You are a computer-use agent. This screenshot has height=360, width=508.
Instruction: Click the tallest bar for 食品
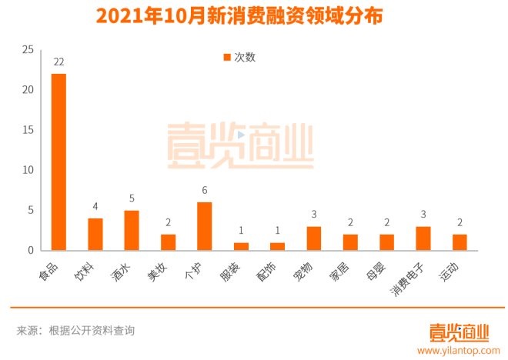click(58, 162)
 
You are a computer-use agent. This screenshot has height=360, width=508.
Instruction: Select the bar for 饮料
click(95, 235)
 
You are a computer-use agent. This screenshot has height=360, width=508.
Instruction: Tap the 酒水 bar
click(132, 230)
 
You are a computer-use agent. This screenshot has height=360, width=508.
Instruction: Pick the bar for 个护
click(205, 226)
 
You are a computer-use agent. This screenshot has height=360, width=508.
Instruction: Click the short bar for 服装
click(241, 246)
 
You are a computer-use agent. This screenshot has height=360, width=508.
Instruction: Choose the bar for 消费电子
click(423, 238)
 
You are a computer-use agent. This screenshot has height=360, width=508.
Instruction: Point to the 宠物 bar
click(314, 238)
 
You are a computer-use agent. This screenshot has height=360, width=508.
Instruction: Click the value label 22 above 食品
click(58, 62)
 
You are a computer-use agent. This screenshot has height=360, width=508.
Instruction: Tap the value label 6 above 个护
click(205, 190)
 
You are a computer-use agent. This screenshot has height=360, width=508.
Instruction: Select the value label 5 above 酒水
click(132, 198)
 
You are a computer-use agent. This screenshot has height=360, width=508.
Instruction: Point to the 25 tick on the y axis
click(28, 50)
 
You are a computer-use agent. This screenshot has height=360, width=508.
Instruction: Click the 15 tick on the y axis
click(28, 130)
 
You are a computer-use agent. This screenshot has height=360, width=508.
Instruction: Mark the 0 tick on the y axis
click(31, 251)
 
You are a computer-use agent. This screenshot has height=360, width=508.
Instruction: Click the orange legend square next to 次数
click(227, 57)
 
